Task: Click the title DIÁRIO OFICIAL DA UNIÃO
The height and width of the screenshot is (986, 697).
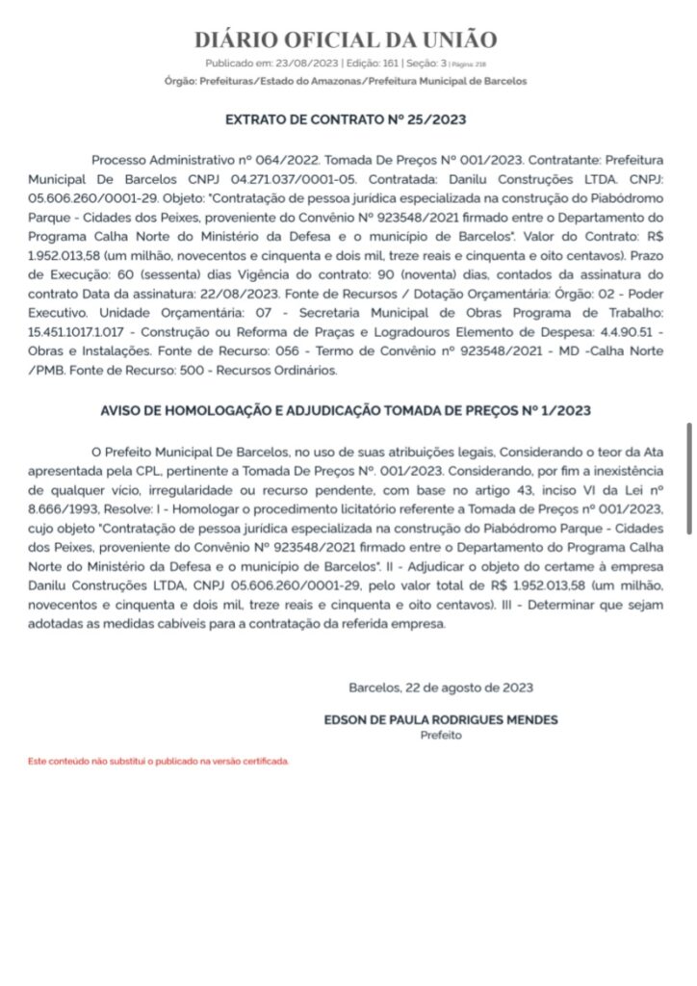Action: pos(346,39)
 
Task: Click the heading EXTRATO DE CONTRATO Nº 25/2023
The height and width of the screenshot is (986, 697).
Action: pos(346,120)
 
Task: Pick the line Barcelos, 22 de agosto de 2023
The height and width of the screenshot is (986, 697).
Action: pos(441,688)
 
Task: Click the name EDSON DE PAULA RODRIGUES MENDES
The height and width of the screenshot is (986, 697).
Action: pos(441,719)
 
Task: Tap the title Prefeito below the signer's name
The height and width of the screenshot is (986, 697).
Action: pos(441,735)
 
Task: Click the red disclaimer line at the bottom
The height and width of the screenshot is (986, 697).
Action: pos(158,761)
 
